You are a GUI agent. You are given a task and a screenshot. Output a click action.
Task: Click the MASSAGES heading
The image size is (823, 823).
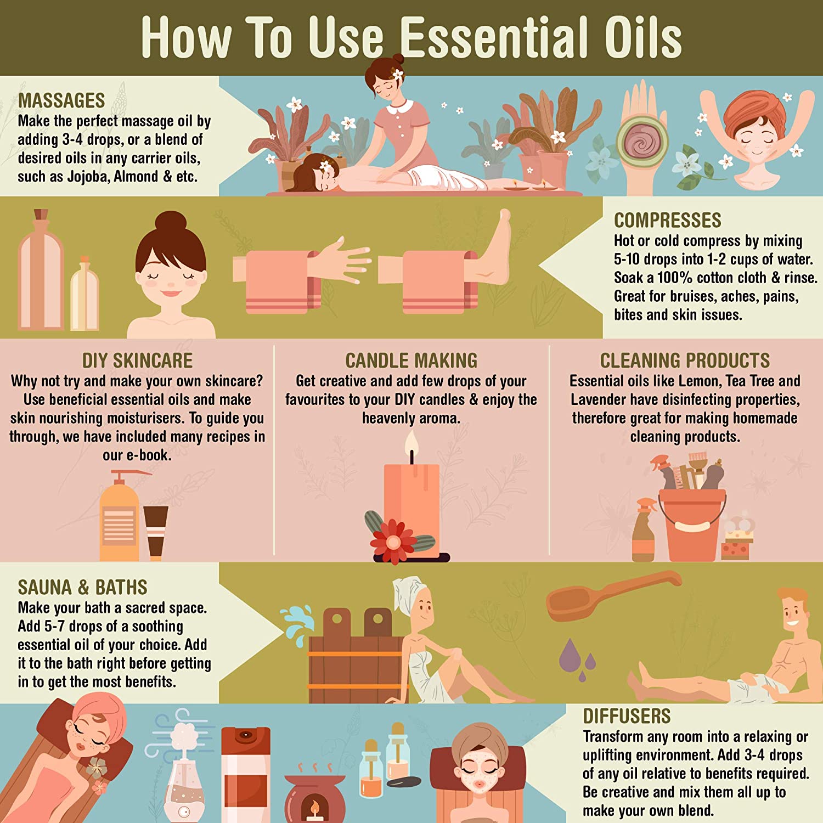(61, 100)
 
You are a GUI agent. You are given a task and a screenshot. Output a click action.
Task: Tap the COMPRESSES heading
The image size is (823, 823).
(667, 220)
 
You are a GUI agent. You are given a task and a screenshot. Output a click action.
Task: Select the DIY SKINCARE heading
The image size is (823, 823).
(137, 360)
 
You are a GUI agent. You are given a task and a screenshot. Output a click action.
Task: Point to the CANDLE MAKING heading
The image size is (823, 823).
(411, 360)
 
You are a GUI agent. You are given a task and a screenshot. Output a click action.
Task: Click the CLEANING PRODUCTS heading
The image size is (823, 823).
(685, 360)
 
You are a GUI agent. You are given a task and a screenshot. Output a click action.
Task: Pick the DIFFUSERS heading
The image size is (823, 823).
(627, 716)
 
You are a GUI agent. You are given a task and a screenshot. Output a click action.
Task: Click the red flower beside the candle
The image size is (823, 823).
(393, 542)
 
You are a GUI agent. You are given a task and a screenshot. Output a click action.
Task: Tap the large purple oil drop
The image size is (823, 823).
(570, 655)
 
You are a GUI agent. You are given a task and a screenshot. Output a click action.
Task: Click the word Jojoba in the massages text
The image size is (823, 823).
(88, 177)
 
